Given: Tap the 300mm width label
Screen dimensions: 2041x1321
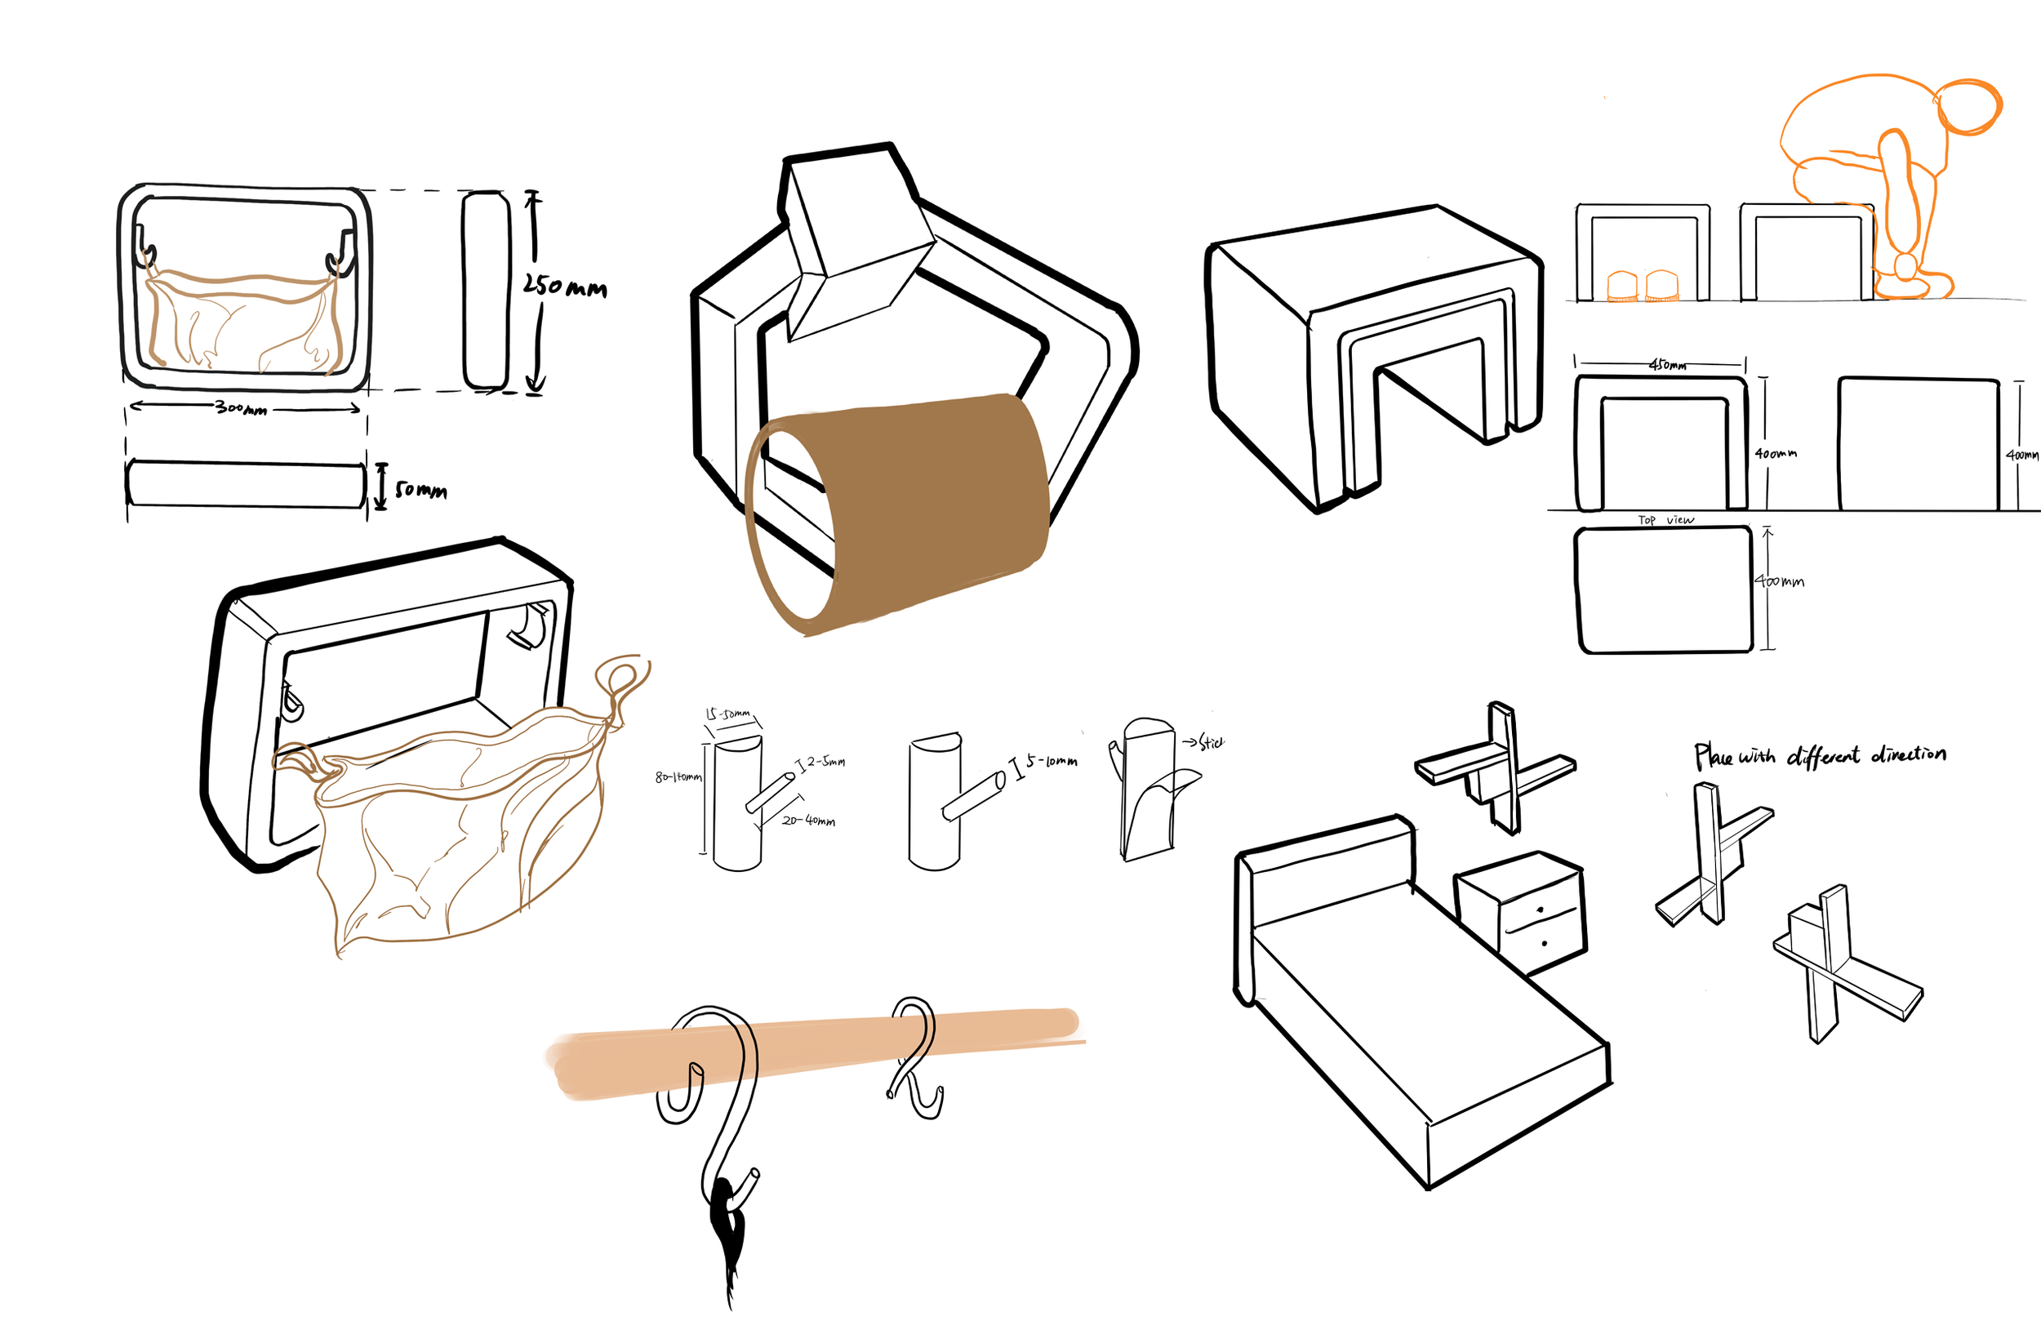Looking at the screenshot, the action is (x=241, y=407).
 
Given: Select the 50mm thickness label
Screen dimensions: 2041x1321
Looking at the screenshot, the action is (x=420, y=490).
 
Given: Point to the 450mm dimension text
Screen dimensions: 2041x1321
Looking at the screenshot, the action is (x=1667, y=365).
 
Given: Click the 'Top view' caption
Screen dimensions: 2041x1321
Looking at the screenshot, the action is (x=1665, y=520).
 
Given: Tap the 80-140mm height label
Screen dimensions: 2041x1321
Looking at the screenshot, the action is (x=678, y=777).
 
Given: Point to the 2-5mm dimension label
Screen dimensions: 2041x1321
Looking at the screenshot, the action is (x=825, y=761).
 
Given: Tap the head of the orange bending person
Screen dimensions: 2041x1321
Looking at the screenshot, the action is (x=1969, y=108).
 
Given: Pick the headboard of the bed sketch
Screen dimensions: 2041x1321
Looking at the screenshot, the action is (x=1325, y=866).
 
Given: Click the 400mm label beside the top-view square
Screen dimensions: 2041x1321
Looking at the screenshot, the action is (x=1780, y=580).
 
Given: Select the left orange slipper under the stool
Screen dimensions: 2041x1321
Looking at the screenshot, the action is (x=1621, y=287).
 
